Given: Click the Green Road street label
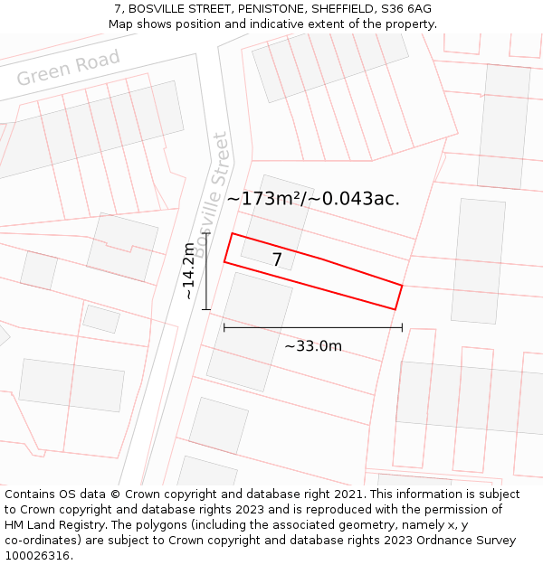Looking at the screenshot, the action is (68, 68).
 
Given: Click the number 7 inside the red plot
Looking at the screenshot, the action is (277, 260).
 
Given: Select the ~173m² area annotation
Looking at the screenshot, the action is (313, 198).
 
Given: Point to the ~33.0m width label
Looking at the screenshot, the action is (313, 346).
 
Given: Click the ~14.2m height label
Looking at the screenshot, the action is (188, 270).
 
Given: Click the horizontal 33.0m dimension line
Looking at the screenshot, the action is (313, 328).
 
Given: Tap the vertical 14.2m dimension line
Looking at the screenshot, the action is (206, 271).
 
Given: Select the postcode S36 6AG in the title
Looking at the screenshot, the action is (406, 9).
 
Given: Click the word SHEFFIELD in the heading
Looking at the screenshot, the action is (343, 9).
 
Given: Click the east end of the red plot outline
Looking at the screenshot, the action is (398, 297).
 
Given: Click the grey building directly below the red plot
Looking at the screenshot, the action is (249, 331).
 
